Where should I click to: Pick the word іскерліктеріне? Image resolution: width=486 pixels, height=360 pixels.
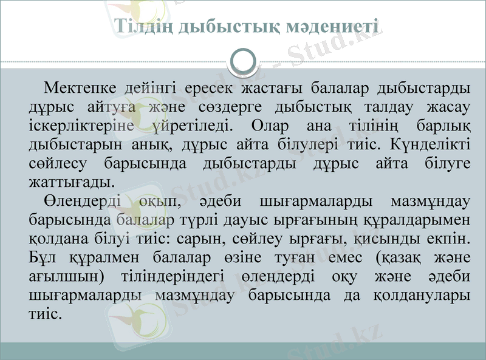pos(82,126)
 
